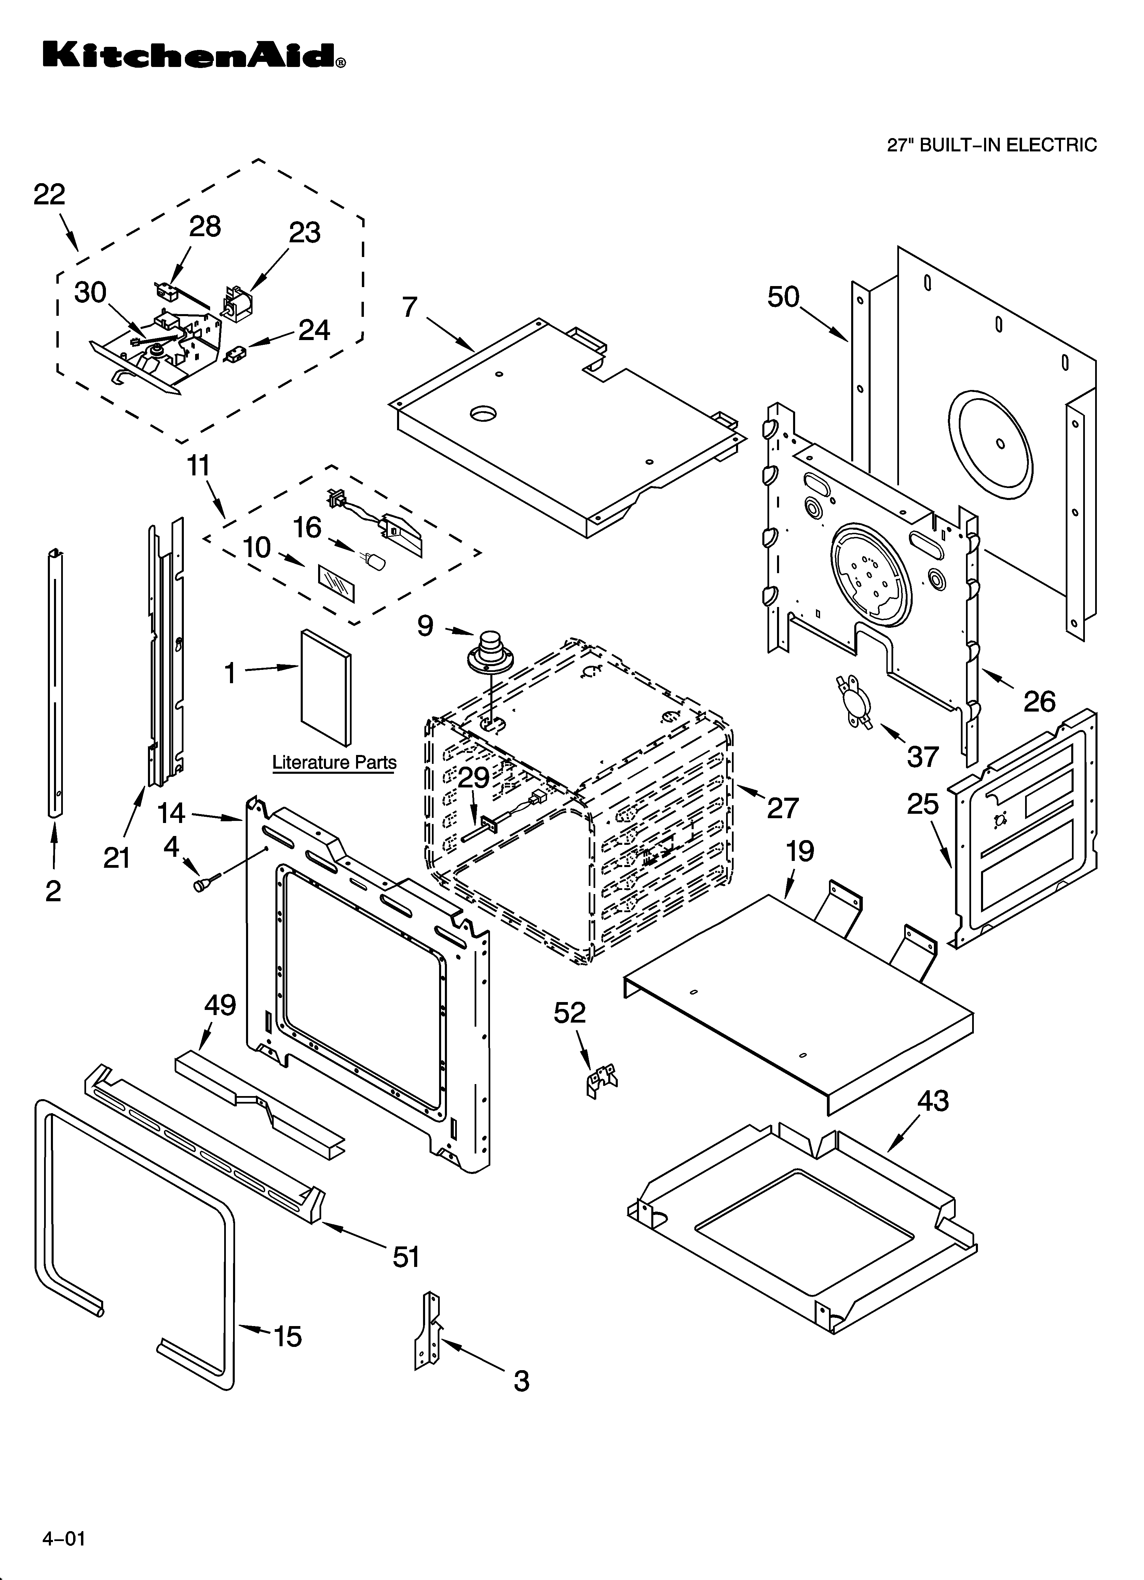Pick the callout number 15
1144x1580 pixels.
(287, 1337)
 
